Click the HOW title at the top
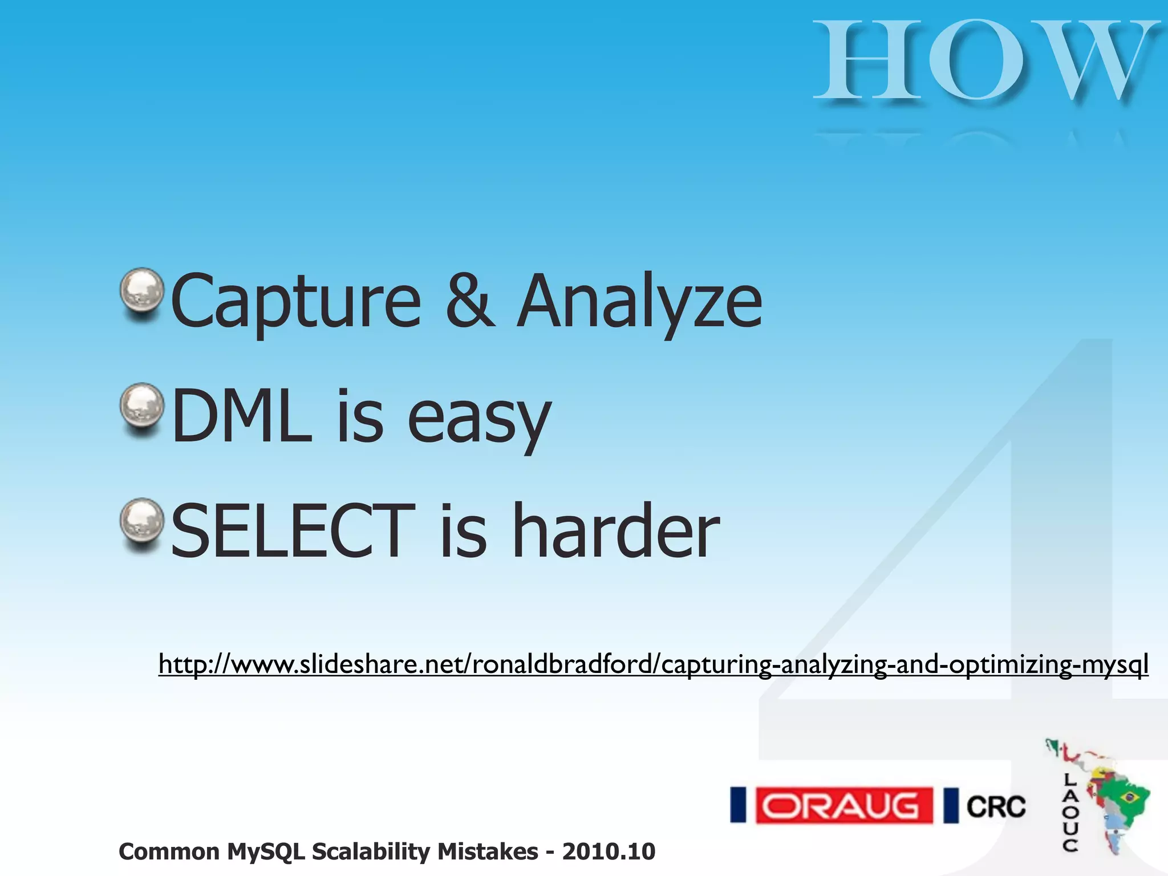tap(985, 62)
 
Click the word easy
tap(479, 419)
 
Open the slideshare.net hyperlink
tap(653, 664)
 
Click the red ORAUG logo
tap(844, 806)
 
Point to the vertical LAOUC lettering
tap(1070, 812)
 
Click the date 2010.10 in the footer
tap(609, 851)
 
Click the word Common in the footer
tap(169, 851)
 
